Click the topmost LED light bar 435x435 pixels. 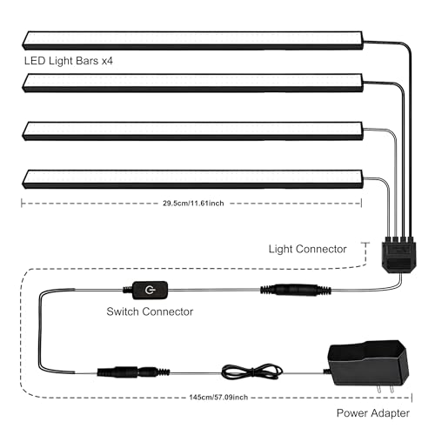pyautogui.click(x=193, y=40)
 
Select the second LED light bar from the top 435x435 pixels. pyautogui.click(x=193, y=83)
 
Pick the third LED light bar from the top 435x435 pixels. pyautogui.click(x=193, y=131)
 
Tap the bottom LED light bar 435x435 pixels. pyautogui.click(x=193, y=179)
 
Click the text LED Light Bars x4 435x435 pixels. pyautogui.click(x=69, y=61)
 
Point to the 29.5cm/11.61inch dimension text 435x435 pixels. pyautogui.click(x=193, y=203)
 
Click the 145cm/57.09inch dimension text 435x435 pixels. pyautogui.click(x=218, y=397)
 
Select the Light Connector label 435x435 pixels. pyautogui.click(x=307, y=249)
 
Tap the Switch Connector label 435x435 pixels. pyautogui.click(x=150, y=311)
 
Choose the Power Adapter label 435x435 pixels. pyautogui.click(x=373, y=413)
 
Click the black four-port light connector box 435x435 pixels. pyautogui.click(x=399, y=254)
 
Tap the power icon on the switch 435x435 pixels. pyautogui.click(x=150, y=290)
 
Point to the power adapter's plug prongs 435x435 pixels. pyautogui.click(x=385, y=389)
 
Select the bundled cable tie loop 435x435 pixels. pyautogui.click(x=251, y=371)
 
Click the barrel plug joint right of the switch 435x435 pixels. pyautogui.click(x=296, y=290)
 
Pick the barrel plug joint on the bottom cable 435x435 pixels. pyautogui.click(x=133, y=372)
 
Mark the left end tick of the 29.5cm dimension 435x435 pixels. pyautogui.click(x=22, y=203)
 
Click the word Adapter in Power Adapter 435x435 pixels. pyautogui.click(x=391, y=413)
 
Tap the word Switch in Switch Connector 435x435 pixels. pyautogui.click(x=123, y=311)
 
